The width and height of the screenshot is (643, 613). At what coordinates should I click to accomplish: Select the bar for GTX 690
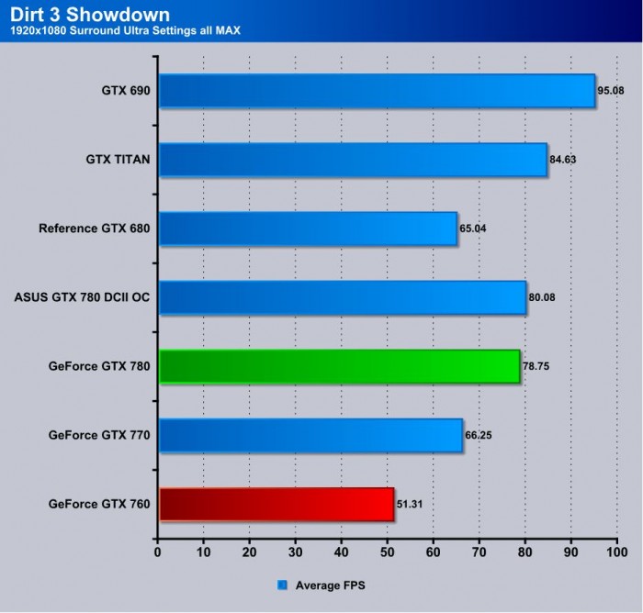click(377, 91)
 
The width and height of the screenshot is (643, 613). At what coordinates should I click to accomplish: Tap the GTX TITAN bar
click(353, 160)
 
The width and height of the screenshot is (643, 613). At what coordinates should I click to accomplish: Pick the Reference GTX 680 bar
click(308, 228)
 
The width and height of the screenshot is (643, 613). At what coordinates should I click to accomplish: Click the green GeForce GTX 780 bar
click(340, 366)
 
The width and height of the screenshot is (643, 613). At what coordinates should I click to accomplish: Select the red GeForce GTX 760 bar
click(276, 504)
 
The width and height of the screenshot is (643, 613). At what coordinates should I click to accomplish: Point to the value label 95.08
click(612, 91)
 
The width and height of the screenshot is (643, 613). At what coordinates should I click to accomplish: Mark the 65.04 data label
click(475, 228)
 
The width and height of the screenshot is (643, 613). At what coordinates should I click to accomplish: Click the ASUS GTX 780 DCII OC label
click(83, 297)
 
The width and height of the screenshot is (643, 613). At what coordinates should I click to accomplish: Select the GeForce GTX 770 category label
click(99, 435)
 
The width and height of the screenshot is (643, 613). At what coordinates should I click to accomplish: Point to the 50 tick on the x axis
click(387, 553)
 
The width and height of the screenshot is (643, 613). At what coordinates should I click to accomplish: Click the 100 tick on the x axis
click(616, 553)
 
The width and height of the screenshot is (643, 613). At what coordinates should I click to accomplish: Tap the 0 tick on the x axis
click(159, 553)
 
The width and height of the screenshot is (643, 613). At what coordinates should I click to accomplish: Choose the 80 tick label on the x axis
click(525, 553)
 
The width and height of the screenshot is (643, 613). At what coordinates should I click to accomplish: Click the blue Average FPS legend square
click(282, 584)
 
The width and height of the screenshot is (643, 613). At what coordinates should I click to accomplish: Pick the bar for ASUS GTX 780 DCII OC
click(343, 297)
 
